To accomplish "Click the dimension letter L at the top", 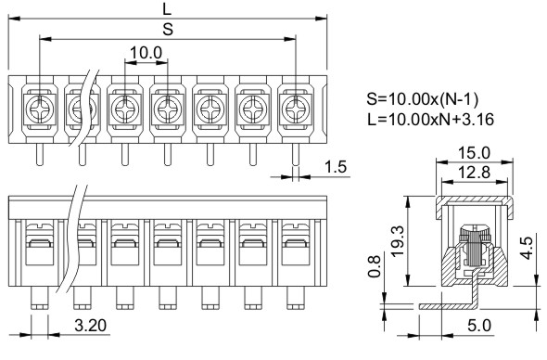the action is tap(168, 8).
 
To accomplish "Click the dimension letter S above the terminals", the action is tap(168, 30).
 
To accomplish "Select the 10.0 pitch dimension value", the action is tap(146, 53).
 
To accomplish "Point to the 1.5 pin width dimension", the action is tap(336, 167).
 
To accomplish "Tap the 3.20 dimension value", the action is tap(91, 326).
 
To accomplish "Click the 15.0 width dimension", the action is tap(474, 153).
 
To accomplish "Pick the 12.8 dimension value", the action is tap(474, 173).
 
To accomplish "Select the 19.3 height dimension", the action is tap(397, 241).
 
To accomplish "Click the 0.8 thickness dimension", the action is tap(375, 267).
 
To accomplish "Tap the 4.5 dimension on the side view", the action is tap(527, 248).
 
